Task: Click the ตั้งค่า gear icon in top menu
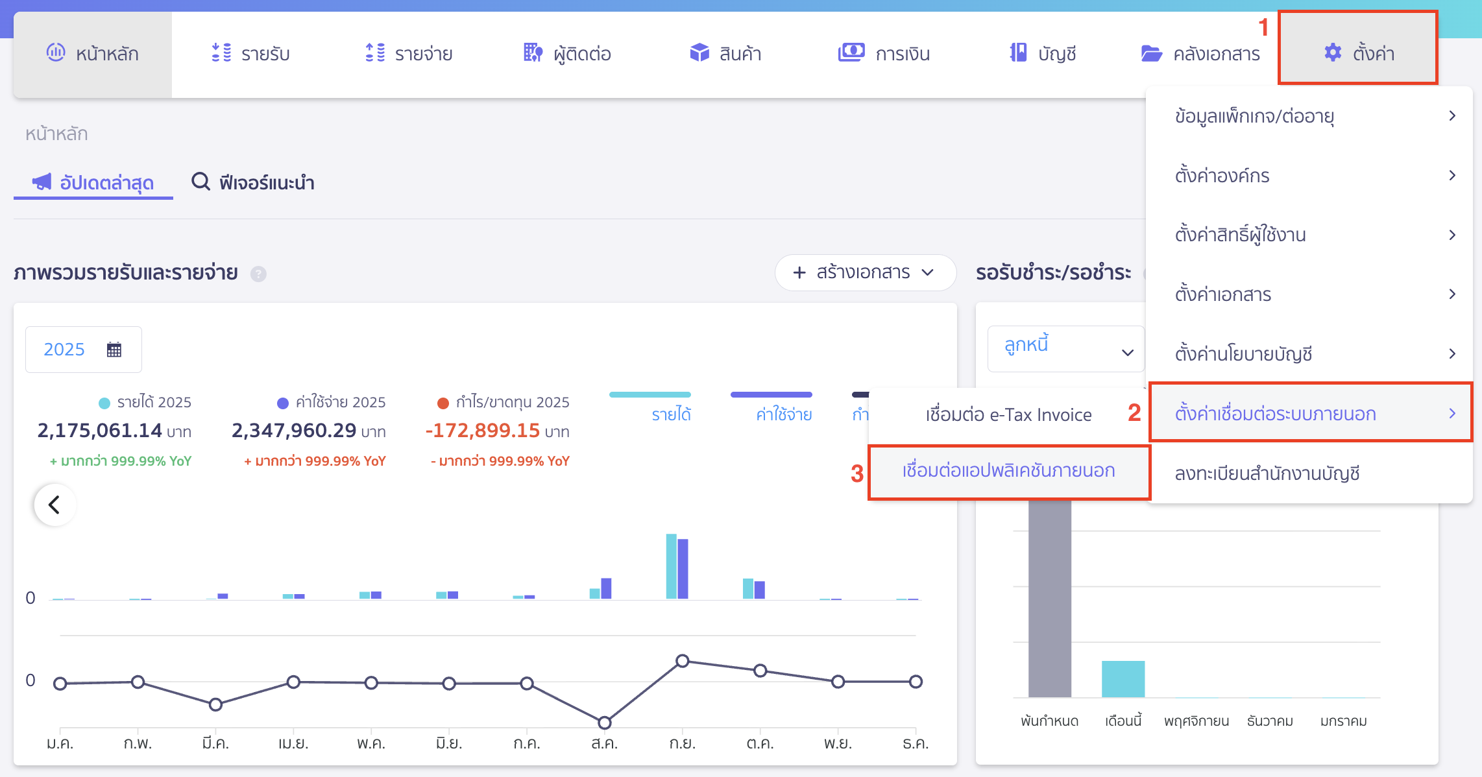(1333, 53)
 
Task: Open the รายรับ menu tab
(251, 53)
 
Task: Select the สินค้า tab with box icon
(725, 53)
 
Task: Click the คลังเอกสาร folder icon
(1152, 53)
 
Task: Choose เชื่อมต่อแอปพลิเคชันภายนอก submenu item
(1008, 471)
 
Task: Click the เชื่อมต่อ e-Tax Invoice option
(1008, 414)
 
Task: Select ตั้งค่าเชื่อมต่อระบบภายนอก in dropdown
(1276, 414)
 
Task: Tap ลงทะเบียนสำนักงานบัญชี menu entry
(1267, 473)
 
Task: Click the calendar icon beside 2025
(114, 350)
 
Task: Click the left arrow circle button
(55, 505)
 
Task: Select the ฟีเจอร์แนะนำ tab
(254, 182)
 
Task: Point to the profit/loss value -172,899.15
(483, 430)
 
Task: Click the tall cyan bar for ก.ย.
(672, 566)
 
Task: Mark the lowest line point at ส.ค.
(604, 723)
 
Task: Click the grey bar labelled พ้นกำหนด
(1049, 597)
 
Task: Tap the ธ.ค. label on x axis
(916, 743)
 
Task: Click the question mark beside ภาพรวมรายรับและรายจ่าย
(258, 274)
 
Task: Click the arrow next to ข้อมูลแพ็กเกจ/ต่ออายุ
(1452, 116)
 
